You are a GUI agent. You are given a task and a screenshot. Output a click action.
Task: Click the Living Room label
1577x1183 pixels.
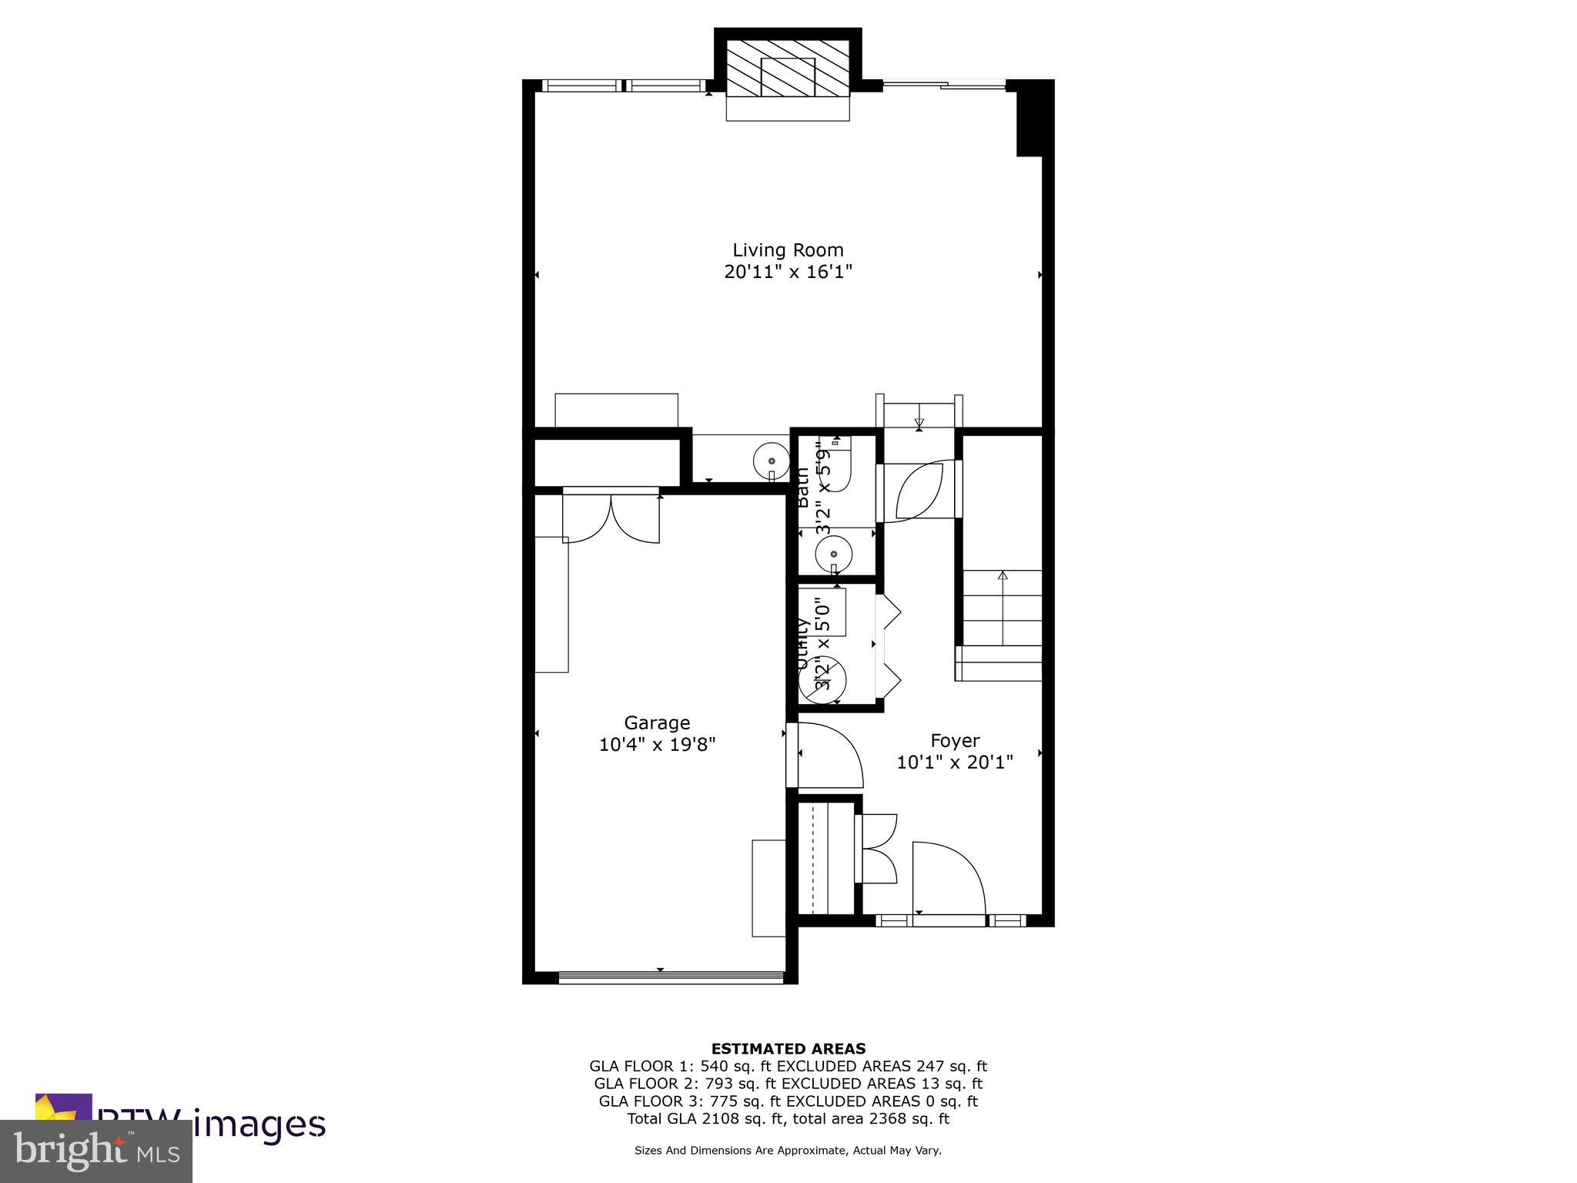tap(787, 250)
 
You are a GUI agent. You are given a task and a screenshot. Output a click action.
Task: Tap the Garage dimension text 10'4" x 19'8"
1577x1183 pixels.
tap(657, 745)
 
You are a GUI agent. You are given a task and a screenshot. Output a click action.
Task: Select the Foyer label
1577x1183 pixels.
tap(954, 740)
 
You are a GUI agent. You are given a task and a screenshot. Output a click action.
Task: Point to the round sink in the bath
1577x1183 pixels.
tap(833, 553)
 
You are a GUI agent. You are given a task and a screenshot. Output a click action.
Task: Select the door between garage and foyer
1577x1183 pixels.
tap(828, 756)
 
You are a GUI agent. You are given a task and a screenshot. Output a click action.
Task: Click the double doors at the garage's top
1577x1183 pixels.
tap(611, 517)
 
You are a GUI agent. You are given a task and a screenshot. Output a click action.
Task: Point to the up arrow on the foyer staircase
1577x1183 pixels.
tap(1002, 576)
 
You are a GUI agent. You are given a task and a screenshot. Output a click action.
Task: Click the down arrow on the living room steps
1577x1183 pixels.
tap(919, 423)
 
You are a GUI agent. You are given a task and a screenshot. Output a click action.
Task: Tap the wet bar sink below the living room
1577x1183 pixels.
tap(771, 460)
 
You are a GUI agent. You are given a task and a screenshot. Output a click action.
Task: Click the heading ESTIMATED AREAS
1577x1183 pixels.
tap(788, 1048)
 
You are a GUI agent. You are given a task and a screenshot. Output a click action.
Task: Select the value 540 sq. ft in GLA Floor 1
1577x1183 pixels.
tap(735, 1067)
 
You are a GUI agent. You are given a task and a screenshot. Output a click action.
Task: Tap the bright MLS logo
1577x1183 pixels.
tap(96, 1151)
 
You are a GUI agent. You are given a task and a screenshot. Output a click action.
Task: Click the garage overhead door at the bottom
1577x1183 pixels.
tap(670, 977)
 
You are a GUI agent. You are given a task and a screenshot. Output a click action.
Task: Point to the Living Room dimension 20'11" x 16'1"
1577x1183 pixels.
tap(787, 272)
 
